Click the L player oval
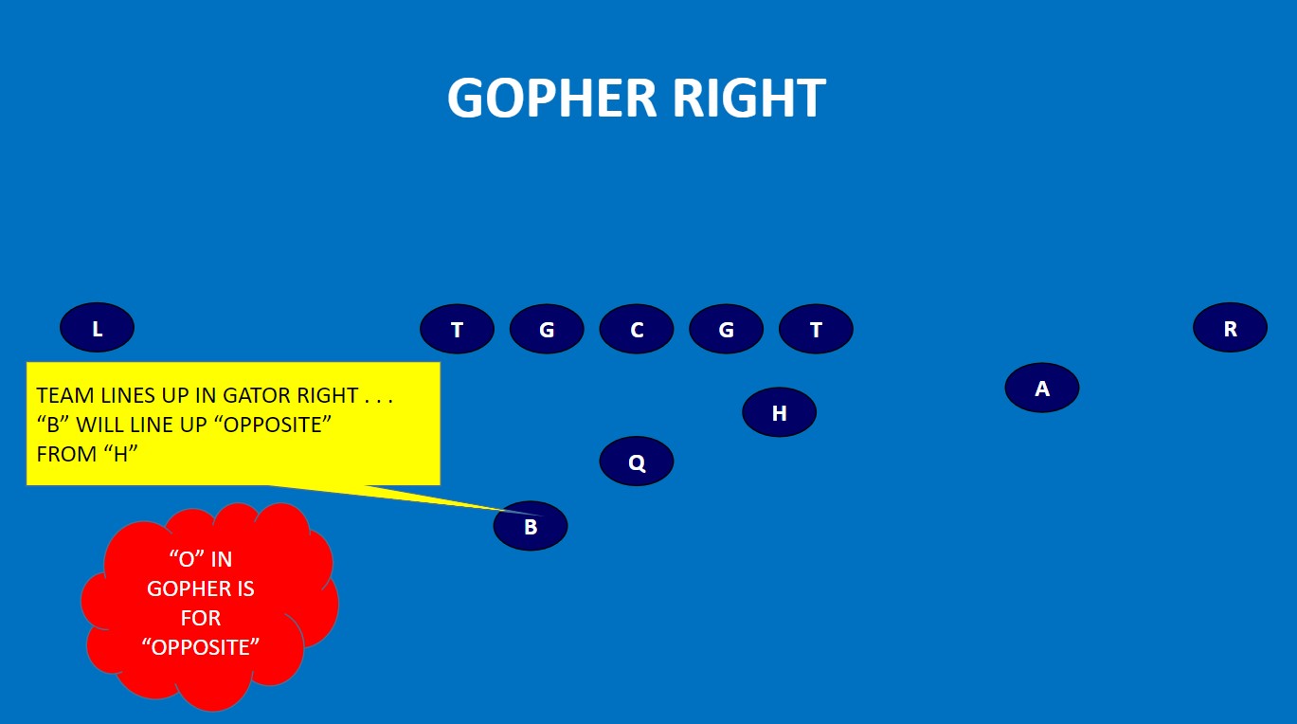(x=97, y=329)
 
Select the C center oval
(x=637, y=330)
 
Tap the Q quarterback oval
(x=637, y=462)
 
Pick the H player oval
(x=779, y=413)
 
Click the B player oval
(x=531, y=527)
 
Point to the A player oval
(x=1042, y=389)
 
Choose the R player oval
(x=1230, y=329)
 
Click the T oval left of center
(x=457, y=330)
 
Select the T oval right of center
(x=816, y=330)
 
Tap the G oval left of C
(x=547, y=330)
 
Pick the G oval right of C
(x=726, y=330)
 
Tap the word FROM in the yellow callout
(x=64, y=454)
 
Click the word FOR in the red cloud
(x=200, y=618)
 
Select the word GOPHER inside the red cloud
(x=200, y=588)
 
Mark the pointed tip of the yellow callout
(x=539, y=515)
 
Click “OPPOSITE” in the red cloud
(x=200, y=647)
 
